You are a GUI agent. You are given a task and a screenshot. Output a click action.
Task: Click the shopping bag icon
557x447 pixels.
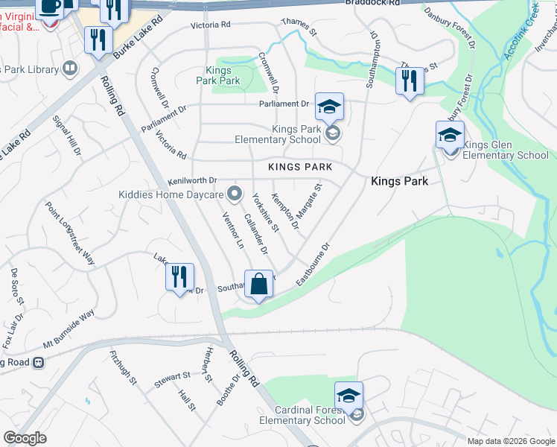tap(258, 285)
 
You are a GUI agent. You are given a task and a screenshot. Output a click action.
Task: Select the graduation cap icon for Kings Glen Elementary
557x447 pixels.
tap(450, 136)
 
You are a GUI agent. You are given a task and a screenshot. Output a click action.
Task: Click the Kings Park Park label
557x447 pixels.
tap(218, 75)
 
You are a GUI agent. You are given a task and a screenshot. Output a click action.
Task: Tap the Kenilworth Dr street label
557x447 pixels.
tap(192, 180)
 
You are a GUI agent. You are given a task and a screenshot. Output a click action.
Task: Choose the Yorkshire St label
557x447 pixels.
tap(265, 212)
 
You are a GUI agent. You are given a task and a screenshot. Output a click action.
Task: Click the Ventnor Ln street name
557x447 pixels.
tap(233, 229)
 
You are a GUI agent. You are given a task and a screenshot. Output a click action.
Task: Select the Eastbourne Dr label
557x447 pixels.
tap(313, 263)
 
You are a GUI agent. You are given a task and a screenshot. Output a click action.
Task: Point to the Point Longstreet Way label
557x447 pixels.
tap(70, 233)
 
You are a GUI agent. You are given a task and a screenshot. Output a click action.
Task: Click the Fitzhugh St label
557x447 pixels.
tap(124, 367)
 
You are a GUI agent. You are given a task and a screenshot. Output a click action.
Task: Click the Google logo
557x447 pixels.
tap(25, 438)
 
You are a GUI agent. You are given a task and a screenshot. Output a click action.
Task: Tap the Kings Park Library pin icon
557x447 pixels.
tap(70, 69)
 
